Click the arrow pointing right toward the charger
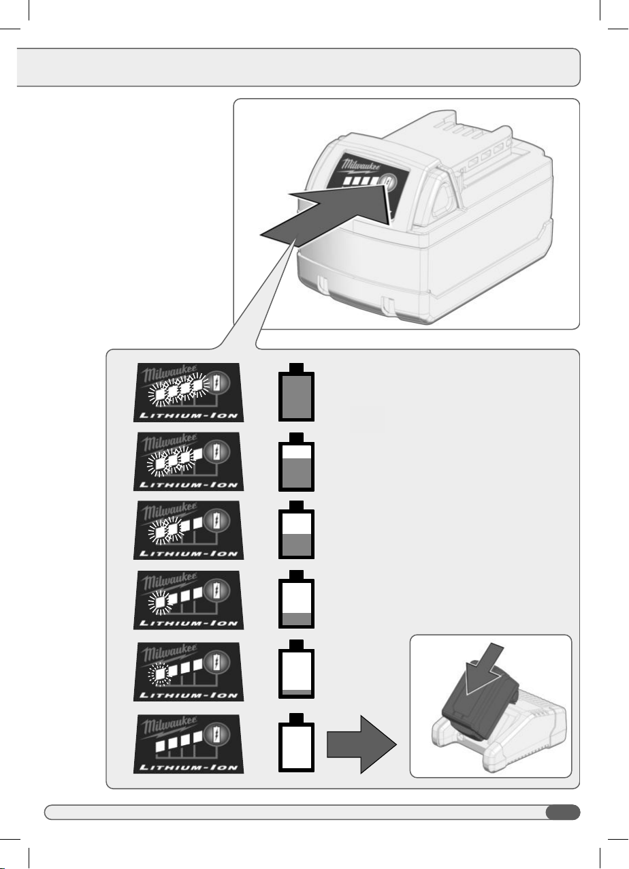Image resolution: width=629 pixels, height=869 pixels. point(361,744)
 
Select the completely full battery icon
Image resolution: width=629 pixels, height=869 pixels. point(296,392)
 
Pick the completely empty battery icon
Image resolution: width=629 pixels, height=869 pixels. point(296,742)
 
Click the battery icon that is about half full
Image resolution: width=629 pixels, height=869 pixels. point(296,530)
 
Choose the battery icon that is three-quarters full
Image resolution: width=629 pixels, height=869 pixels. point(296,462)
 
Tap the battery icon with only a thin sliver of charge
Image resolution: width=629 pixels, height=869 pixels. point(296,669)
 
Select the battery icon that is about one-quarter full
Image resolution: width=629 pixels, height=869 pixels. point(296,599)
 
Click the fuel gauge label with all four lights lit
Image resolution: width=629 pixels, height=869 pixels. point(189,392)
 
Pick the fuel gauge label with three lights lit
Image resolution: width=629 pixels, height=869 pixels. point(189,462)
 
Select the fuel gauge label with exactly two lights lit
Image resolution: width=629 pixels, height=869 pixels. point(189,530)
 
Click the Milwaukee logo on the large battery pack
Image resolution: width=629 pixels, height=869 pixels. point(361,165)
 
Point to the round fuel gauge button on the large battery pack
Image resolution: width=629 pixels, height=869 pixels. point(387,182)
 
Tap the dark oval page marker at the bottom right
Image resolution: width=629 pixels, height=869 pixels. point(563,812)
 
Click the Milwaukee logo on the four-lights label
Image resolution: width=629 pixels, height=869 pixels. point(170,374)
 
